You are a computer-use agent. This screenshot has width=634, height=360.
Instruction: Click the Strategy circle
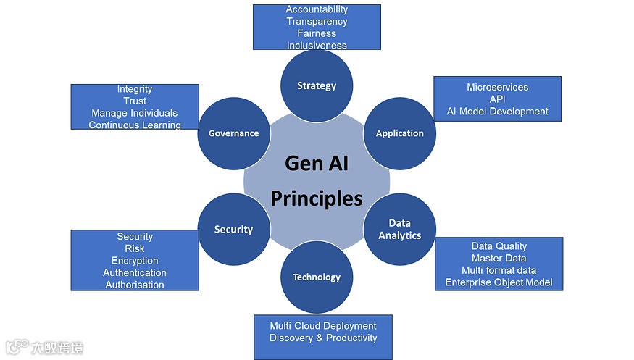tap(317, 85)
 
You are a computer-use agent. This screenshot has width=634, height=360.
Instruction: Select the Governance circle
tap(233, 133)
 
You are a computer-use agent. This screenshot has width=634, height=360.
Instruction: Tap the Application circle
tap(399, 133)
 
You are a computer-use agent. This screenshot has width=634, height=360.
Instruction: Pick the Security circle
tap(233, 230)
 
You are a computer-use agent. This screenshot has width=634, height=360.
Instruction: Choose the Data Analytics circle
tap(399, 229)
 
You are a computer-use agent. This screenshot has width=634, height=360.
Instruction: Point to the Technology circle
tap(317, 277)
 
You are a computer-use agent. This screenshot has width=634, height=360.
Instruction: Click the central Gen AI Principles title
tap(317, 180)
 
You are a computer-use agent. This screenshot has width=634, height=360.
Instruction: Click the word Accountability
tap(317, 9)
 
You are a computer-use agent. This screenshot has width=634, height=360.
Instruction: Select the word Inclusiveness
tap(317, 45)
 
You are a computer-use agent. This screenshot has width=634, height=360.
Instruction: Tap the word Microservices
tap(497, 87)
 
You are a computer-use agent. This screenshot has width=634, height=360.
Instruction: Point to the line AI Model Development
tap(497, 112)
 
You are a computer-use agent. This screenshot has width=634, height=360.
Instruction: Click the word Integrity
tap(135, 89)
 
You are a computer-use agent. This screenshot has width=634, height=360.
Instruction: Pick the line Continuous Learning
tap(135, 125)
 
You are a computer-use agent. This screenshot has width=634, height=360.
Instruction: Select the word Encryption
tap(135, 261)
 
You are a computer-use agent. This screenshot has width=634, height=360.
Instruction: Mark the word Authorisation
tap(135, 285)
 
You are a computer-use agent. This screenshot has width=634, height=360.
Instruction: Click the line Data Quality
tap(499, 246)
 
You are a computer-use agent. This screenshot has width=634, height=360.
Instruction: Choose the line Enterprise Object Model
tap(499, 282)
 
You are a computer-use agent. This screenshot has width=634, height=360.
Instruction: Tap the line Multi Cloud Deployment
tap(323, 326)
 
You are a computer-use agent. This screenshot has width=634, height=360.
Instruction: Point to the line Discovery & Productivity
tap(323, 338)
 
